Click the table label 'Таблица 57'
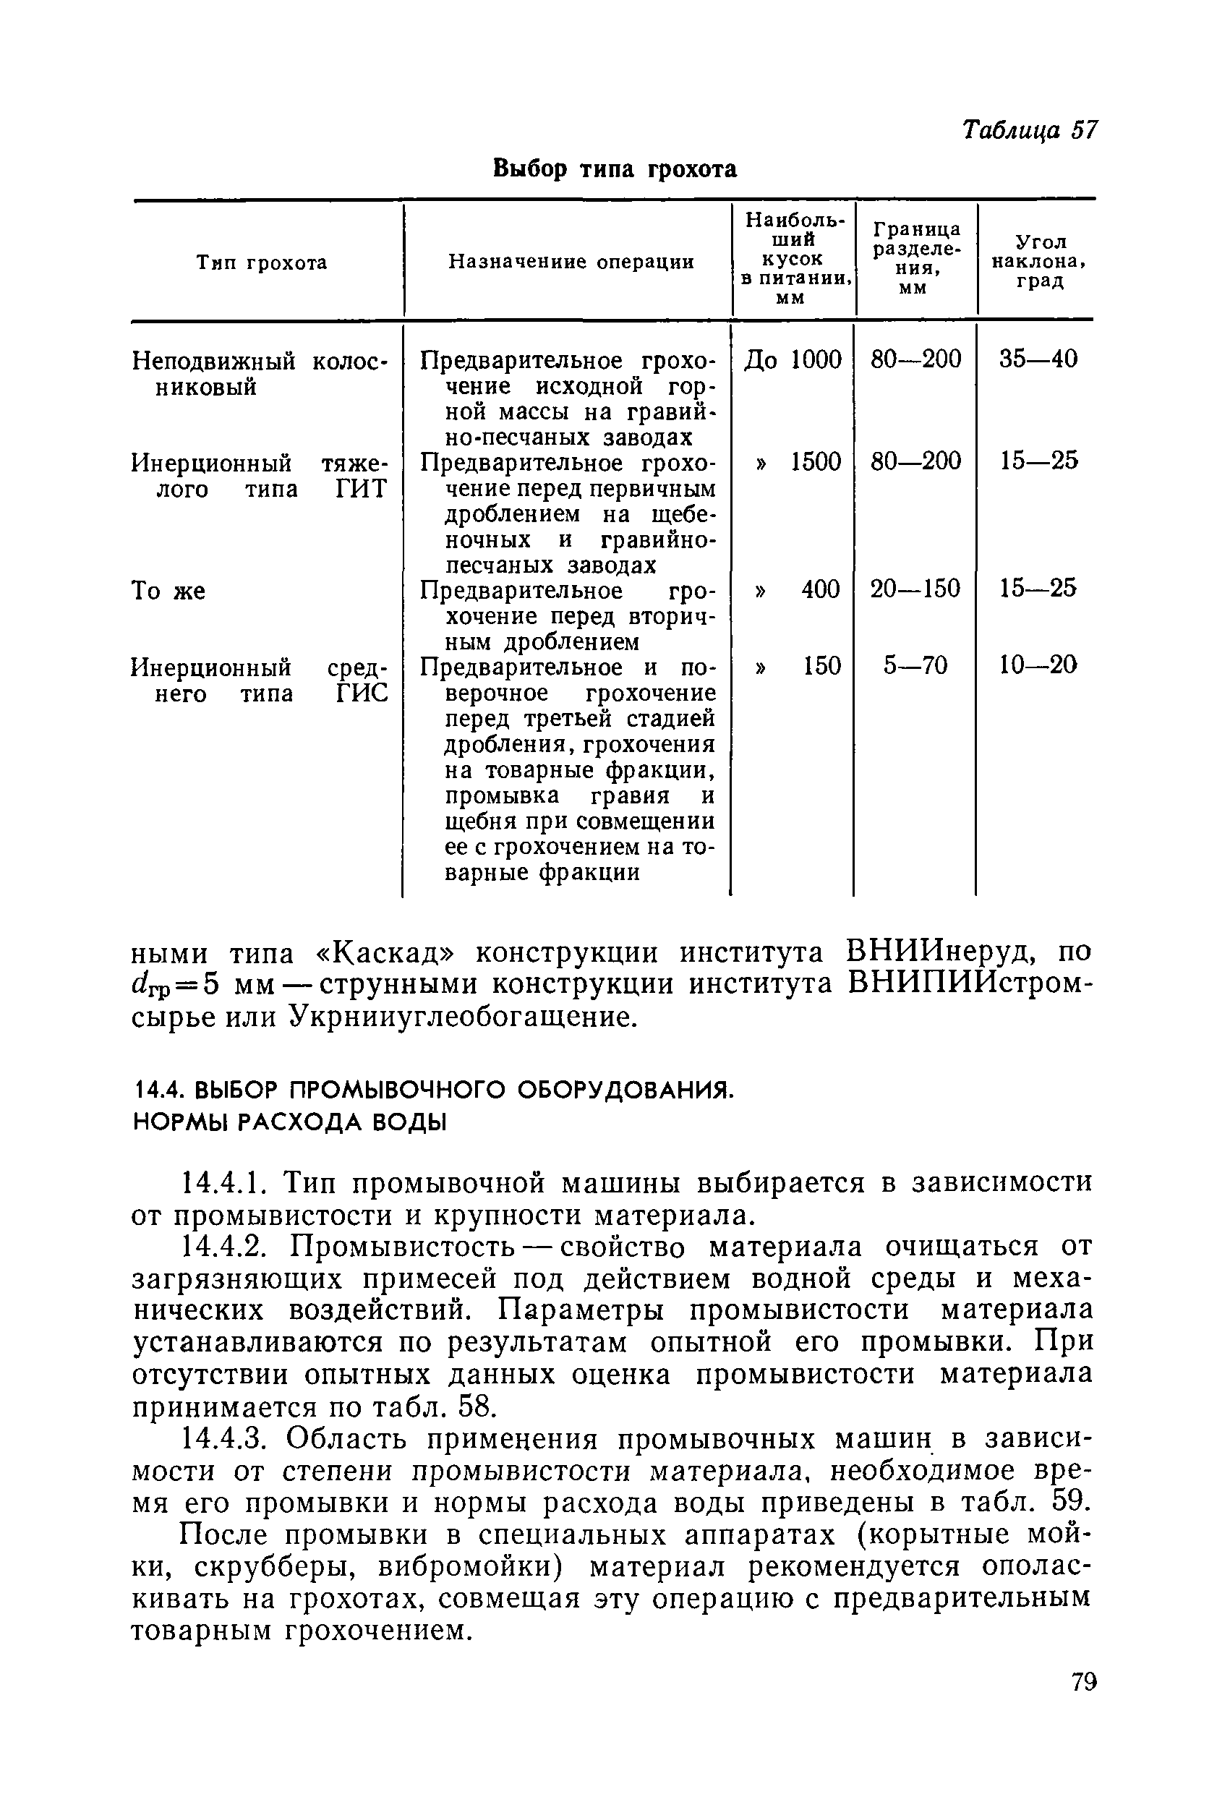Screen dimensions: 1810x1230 (x=1028, y=130)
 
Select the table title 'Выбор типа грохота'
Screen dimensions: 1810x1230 (x=615, y=168)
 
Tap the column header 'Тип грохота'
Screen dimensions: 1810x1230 (x=262, y=262)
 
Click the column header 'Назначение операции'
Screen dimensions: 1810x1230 (x=571, y=262)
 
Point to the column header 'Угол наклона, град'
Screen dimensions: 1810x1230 (x=1039, y=262)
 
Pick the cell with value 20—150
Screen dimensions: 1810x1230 (x=915, y=588)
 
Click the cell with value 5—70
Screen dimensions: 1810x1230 (x=915, y=665)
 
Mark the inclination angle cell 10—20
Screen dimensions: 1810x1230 (x=1038, y=665)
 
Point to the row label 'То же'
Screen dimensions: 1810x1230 (x=168, y=591)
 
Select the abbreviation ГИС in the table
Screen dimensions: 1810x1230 (x=362, y=693)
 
